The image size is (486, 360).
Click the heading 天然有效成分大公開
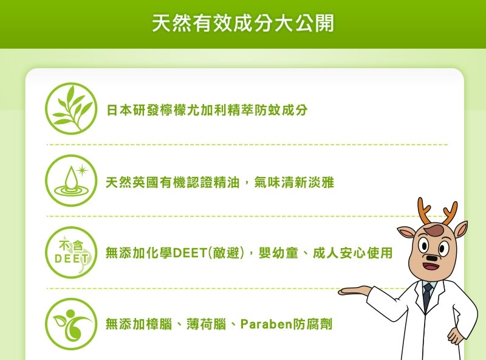pos(243,23)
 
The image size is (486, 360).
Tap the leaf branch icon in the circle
pos(71,108)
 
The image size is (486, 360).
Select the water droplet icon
pos(71,181)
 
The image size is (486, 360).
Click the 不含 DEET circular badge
pos(71,252)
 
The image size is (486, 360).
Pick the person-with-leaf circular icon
pos(71,324)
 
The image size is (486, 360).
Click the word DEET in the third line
pos(190,253)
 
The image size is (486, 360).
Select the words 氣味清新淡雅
pos(294,182)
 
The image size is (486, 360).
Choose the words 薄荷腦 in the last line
pos(206,325)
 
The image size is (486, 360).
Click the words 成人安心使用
pos(353,253)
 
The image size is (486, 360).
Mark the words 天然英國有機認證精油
pos(173,182)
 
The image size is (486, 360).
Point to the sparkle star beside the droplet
pos(82,170)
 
